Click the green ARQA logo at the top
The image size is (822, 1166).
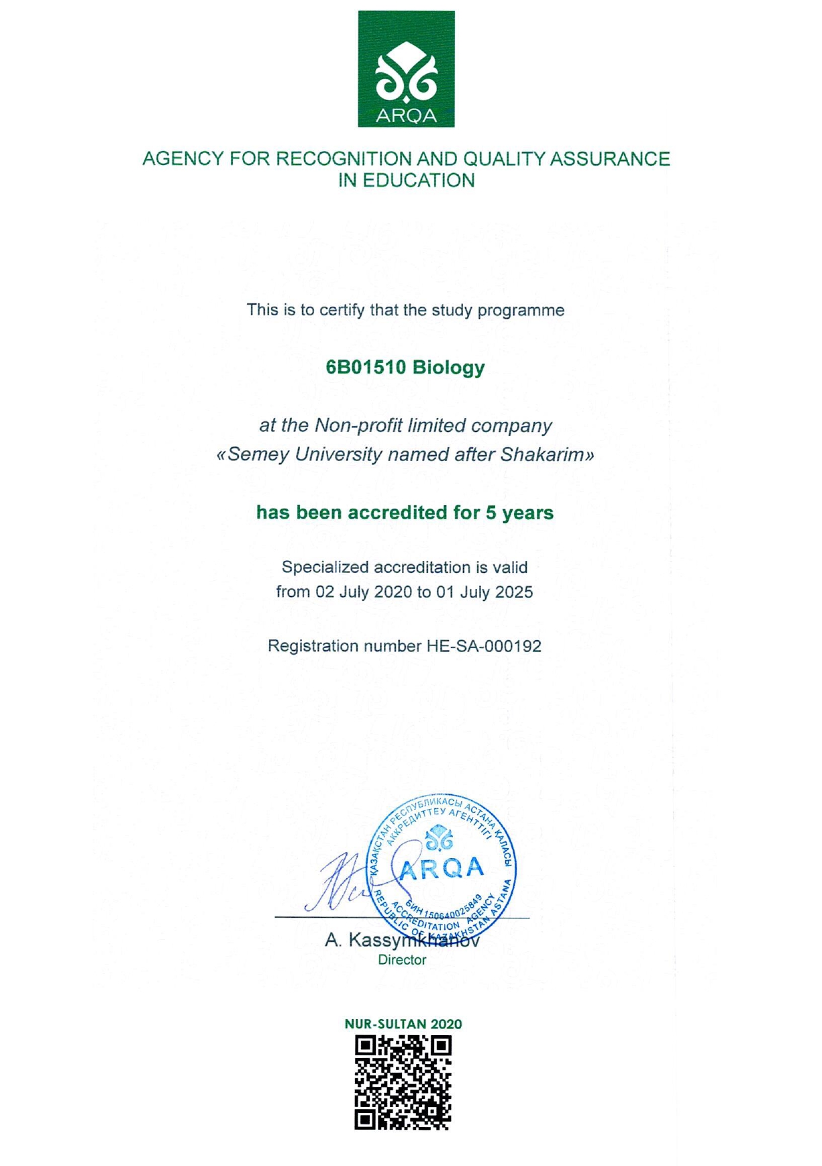click(406, 68)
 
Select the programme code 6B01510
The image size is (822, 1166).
click(366, 368)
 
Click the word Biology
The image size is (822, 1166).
click(448, 368)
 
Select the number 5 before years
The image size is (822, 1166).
click(491, 513)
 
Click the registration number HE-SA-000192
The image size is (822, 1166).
click(484, 647)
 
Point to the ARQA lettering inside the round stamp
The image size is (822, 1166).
click(441, 869)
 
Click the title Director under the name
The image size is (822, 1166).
click(402, 960)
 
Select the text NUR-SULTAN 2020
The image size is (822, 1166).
click(403, 1024)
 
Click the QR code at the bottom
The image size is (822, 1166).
click(403, 1082)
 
